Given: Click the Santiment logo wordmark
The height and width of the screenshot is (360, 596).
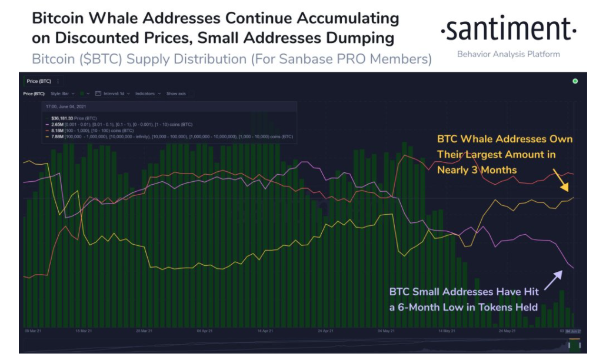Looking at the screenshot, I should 508,29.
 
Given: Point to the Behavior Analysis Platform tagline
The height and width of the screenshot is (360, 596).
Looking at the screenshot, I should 508,54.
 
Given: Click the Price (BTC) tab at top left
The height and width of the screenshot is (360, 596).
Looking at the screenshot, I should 39,81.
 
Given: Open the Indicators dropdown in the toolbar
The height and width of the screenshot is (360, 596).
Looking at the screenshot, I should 148,94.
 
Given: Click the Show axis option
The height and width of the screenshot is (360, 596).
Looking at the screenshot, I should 176,94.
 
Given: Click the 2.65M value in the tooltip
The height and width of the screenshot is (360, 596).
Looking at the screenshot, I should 58,125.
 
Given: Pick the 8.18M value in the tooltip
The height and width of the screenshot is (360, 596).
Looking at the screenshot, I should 58,131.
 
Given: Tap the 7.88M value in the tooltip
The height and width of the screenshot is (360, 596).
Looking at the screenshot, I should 58,136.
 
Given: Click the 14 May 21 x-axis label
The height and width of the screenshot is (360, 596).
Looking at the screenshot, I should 445,331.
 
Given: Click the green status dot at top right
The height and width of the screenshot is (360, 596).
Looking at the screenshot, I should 575,81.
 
